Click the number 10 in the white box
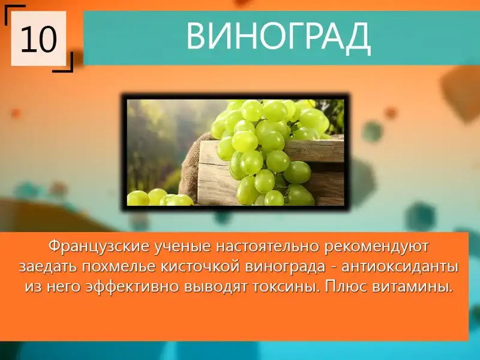coord(39,39)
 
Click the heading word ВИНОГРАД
coord(278,36)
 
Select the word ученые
coord(182,247)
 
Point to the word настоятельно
coord(268,247)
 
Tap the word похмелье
coord(119,267)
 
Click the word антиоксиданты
coord(400,267)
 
